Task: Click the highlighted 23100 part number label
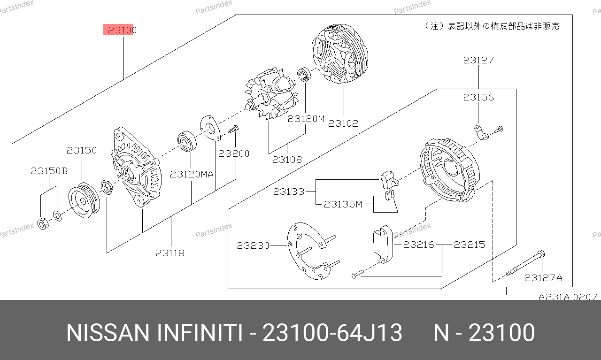pyautogui.click(x=122, y=30)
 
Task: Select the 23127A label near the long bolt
pyautogui.click(x=543, y=278)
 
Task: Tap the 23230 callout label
pyautogui.click(x=253, y=245)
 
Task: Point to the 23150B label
pyautogui.click(x=49, y=171)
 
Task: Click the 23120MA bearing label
pyautogui.click(x=192, y=174)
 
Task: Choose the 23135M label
pyautogui.click(x=343, y=205)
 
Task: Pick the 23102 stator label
pyautogui.click(x=343, y=123)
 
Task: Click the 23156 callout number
pyautogui.click(x=478, y=97)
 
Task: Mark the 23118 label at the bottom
pyautogui.click(x=170, y=253)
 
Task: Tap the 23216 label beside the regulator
pyautogui.click(x=418, y=245)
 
